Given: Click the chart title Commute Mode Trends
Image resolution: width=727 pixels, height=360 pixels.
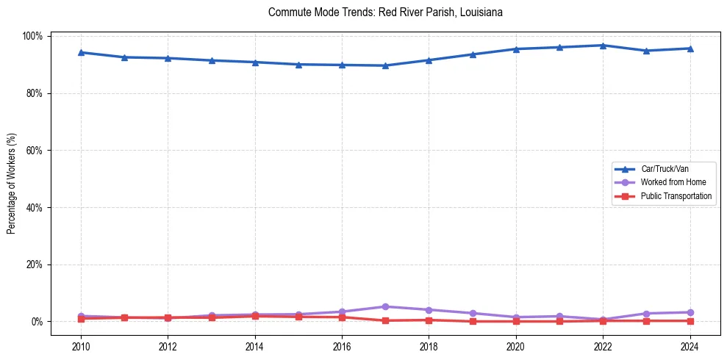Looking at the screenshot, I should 385,13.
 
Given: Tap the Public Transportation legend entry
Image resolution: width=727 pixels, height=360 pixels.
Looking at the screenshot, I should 676,196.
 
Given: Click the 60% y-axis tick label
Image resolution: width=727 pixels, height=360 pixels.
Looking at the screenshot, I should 35,151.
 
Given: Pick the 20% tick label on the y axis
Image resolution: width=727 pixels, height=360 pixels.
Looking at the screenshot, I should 35,264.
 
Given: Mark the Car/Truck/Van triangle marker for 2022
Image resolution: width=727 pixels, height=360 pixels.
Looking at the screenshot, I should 603,46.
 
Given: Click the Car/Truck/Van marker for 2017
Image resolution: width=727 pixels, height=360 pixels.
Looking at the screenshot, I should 385,65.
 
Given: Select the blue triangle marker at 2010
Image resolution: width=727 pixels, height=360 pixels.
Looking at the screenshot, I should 81,52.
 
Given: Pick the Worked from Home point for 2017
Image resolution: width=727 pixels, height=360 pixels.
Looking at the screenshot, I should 385,306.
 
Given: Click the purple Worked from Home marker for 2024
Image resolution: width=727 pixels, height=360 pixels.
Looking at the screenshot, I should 690,312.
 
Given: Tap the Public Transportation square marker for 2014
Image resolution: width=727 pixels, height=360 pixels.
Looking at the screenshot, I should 255,316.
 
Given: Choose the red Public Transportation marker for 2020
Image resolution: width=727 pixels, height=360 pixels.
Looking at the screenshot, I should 516,321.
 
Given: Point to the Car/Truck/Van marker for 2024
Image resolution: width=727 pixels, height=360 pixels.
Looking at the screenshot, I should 690,48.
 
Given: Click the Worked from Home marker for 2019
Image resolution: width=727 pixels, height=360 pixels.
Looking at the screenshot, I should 473,313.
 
